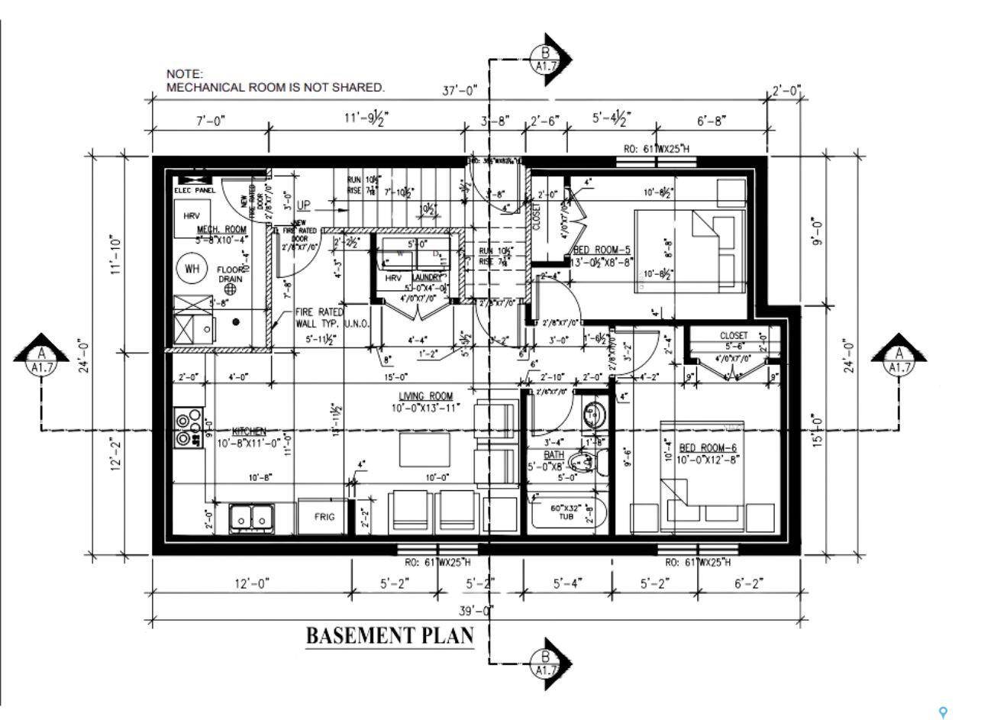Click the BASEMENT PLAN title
389,635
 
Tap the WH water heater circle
191,268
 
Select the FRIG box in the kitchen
324,517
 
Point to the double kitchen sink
253,518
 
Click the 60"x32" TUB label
566,512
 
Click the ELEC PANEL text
195,189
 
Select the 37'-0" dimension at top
460,90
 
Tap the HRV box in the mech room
191,216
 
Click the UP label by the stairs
304,205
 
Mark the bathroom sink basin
593,415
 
